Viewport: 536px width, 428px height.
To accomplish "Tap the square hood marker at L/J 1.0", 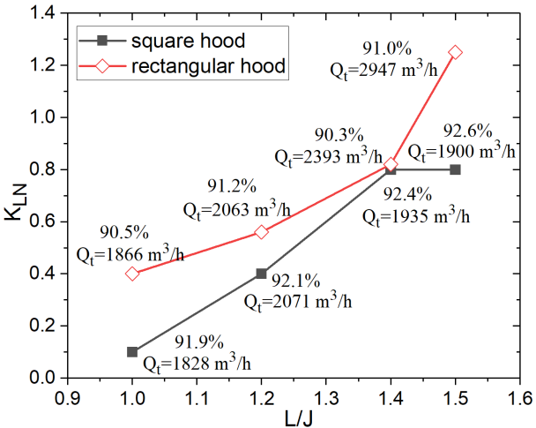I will pos(132,352).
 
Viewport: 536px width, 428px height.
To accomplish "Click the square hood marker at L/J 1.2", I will pos(261,274).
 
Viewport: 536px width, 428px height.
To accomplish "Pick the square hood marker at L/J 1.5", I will pos(455,169).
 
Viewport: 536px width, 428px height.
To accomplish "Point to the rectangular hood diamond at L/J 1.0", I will pos(132,274).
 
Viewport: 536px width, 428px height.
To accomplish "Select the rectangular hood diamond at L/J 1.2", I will pos(261,232).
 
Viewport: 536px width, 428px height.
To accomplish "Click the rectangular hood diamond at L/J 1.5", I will pos(455,52).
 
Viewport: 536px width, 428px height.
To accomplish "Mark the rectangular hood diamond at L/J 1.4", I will pos(391,164).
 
